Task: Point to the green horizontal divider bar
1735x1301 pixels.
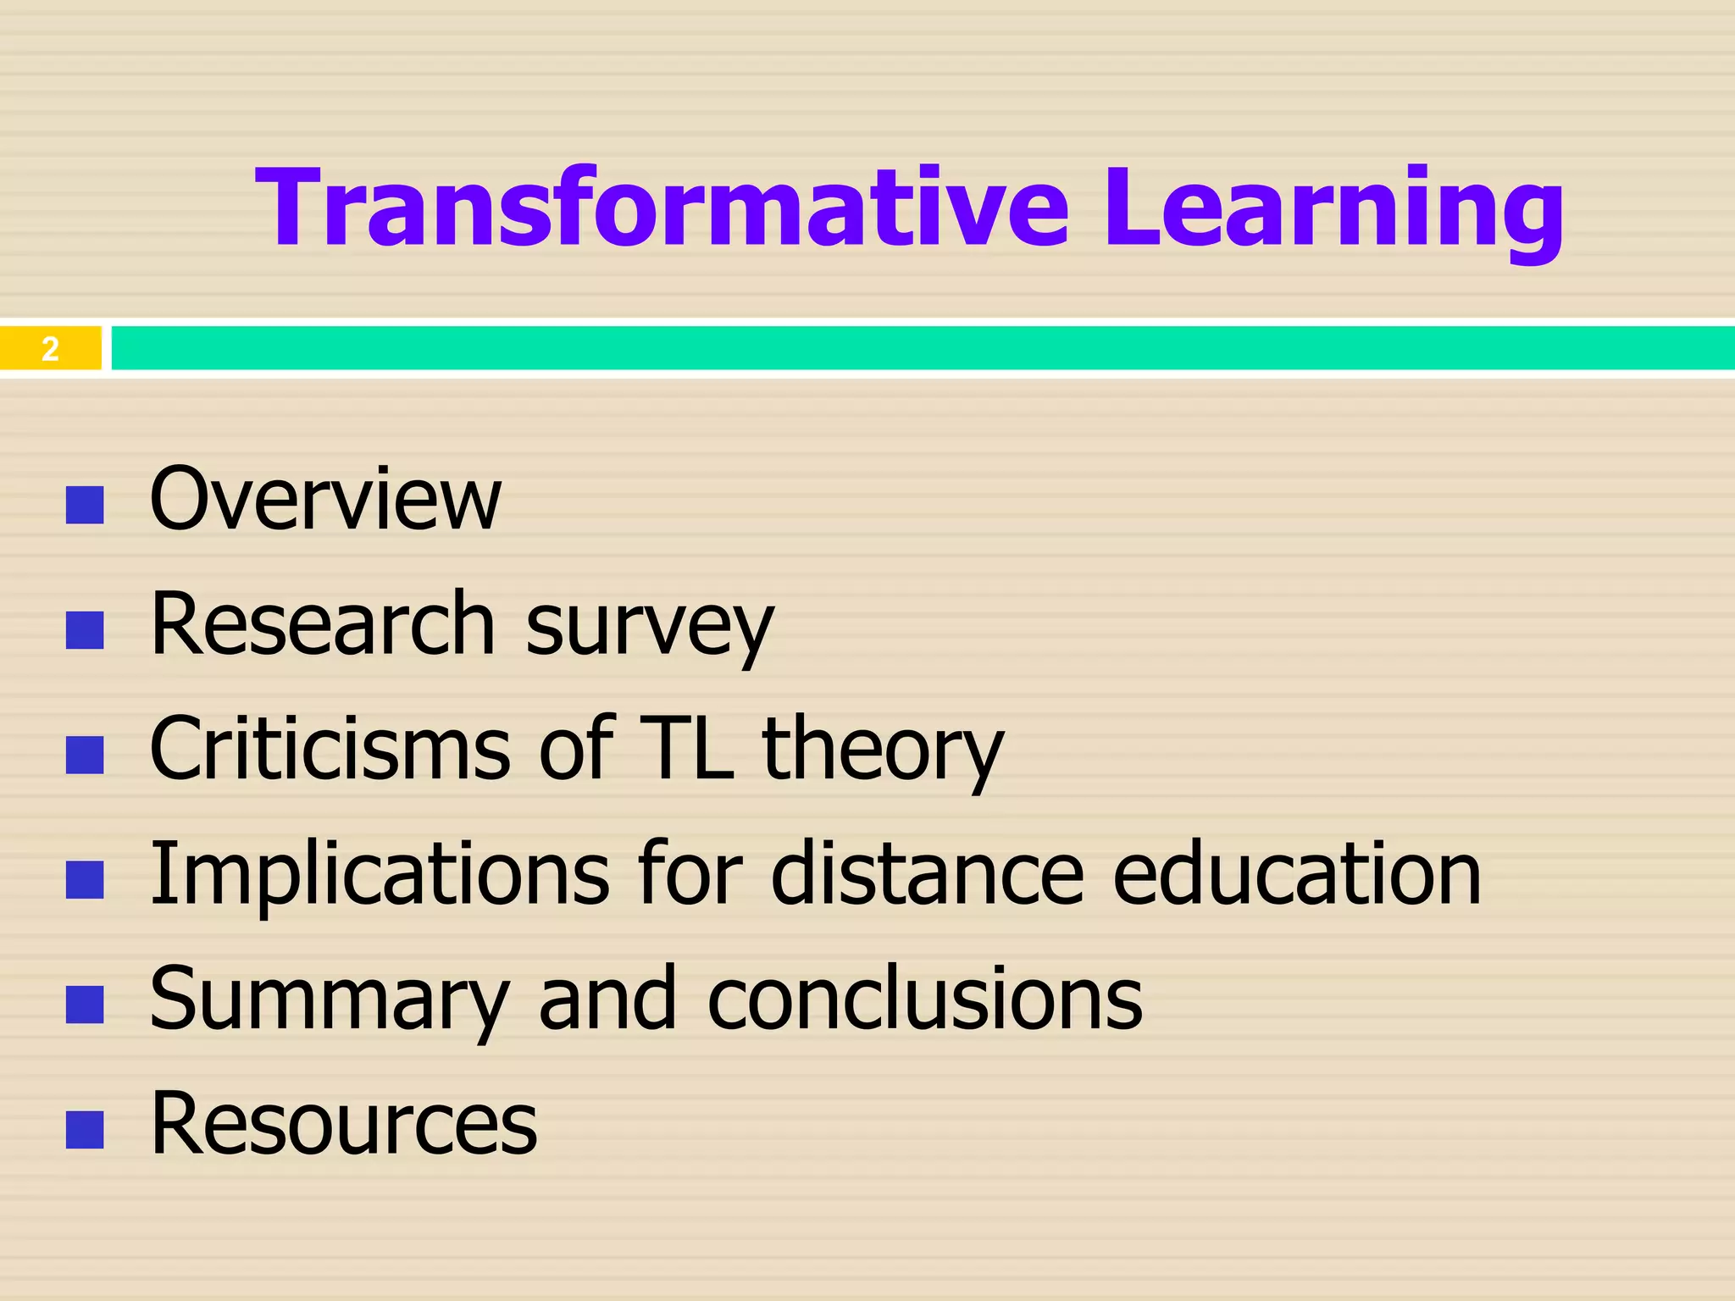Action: (x=923, y=348)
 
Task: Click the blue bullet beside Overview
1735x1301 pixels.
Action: (x=85, y=505)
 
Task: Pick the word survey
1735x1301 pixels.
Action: (x=650, y=627)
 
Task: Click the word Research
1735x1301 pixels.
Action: (x=322, y=624)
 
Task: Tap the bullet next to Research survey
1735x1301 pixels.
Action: (x=85, y=630)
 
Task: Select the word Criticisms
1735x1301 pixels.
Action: (x=330, y=749)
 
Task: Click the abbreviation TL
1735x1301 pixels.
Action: (x=686, y=749)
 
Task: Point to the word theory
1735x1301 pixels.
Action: (x=883, y=752)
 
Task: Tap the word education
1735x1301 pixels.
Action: (x=1296, y=874)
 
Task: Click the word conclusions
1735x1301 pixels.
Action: (x=924, y=999)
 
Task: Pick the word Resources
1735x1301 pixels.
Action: (x=344, y=1124)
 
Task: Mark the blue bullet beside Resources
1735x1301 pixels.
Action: (x=85, y=1130)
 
